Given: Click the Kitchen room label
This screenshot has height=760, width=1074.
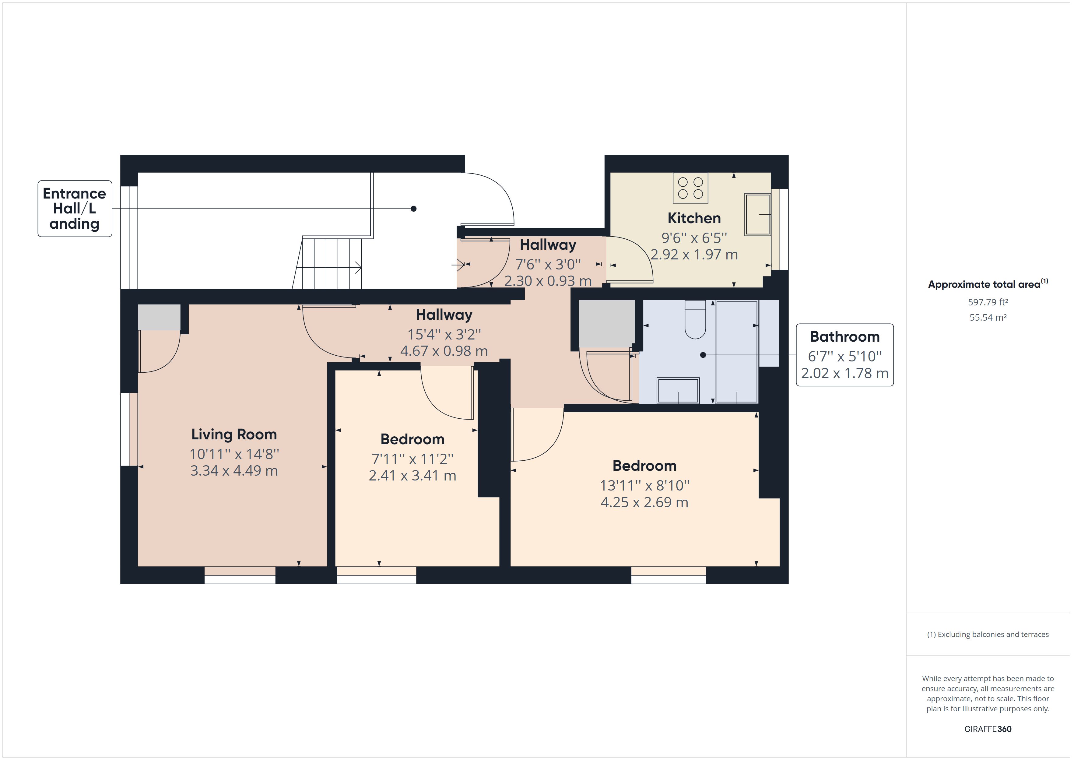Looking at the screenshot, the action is tap(694, 218).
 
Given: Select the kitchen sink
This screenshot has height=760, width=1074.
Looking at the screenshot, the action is tap(757, 214).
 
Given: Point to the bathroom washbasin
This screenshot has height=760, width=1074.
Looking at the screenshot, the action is tap(678, 390).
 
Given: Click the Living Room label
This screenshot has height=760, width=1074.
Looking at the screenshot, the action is tap(234, 434).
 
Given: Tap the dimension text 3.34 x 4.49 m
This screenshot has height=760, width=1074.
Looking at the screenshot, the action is tap(234, 470).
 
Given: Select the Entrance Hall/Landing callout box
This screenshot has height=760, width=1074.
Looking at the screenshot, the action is tap(75, 209).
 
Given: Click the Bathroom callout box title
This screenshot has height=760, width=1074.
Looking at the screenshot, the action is tap(845, 336).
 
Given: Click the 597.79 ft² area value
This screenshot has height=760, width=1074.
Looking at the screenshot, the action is tap(988, 302).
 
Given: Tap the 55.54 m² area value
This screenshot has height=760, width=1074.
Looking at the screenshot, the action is tap(988, 317).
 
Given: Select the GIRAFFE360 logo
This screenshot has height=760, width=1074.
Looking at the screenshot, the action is tap(988, 729).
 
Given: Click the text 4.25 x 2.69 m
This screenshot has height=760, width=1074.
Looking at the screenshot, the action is tap(644, 502).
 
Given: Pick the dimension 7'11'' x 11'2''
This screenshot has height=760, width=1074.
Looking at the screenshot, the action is tap(412, 459).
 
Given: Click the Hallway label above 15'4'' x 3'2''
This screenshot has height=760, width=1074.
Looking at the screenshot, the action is tap(444, 315).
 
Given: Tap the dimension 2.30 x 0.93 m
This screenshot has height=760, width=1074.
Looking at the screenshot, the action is tap(548, 281).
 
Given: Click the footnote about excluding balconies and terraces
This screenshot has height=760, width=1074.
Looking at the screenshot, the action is tap(988, 635).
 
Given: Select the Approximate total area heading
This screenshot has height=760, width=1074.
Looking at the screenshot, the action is tap(988, 284).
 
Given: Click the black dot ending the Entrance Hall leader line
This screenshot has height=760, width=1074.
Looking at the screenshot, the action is tap(413, 209).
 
